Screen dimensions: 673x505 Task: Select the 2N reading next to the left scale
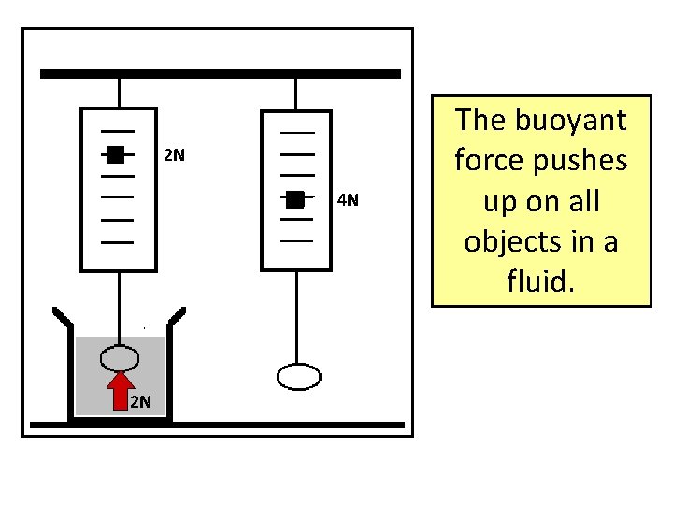(x=175, y=155)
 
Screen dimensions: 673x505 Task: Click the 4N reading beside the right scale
(x=348, y=200)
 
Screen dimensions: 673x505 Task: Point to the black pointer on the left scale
(x=114, y=155)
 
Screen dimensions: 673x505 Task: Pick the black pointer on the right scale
(x=295, y=198)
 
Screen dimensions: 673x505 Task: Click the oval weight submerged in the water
(x=121, y=358)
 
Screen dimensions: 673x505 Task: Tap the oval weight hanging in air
(x=300, y=376)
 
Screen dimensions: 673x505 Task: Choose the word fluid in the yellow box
(x=540, y=280)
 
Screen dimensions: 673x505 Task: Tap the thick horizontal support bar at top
(x=220, y=73)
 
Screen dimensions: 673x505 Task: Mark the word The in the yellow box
(x=482, y=121)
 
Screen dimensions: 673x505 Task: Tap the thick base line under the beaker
(x=217, y=426)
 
